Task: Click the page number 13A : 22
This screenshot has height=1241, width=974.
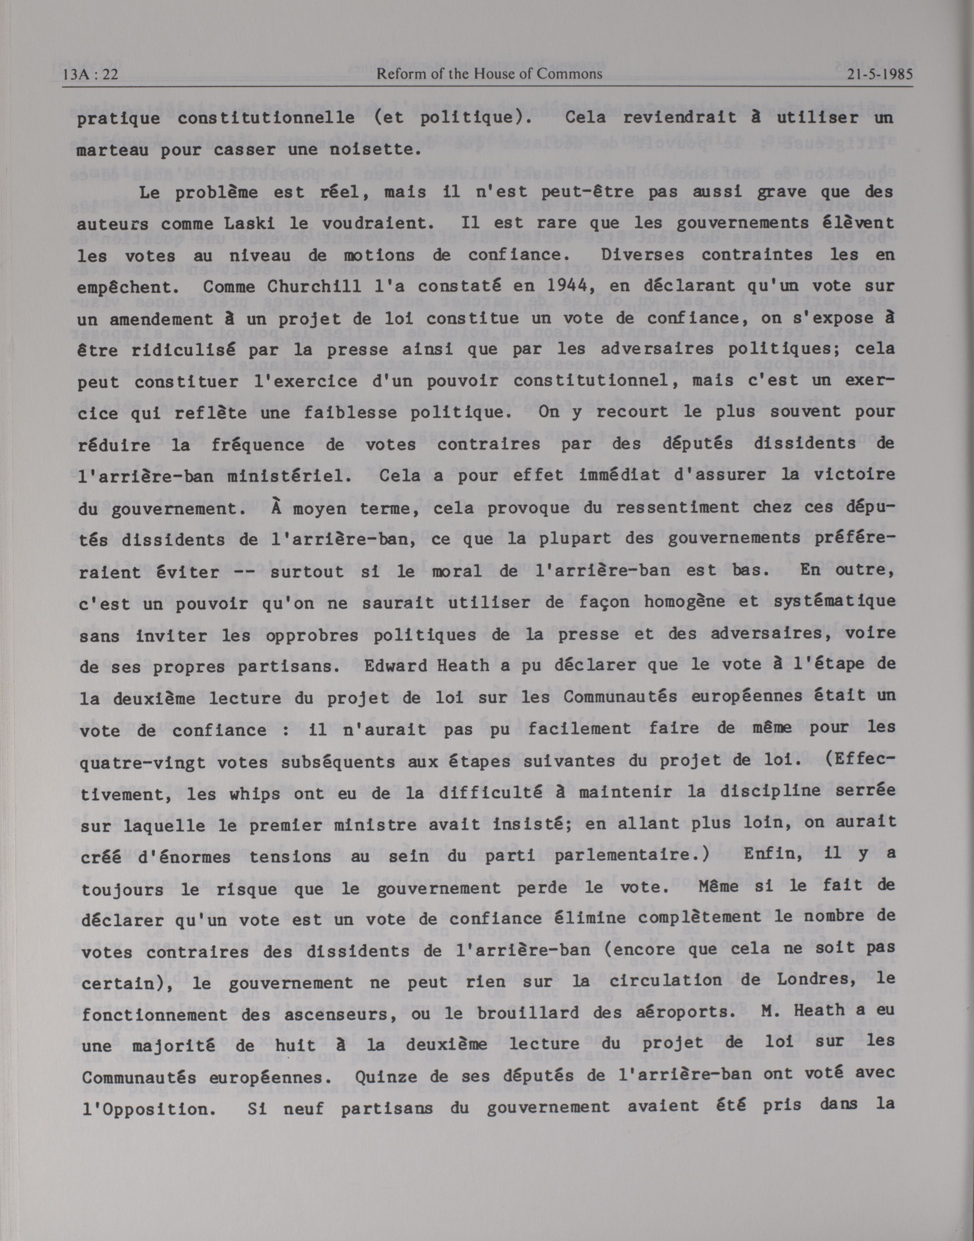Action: click(x=91, y=74)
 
